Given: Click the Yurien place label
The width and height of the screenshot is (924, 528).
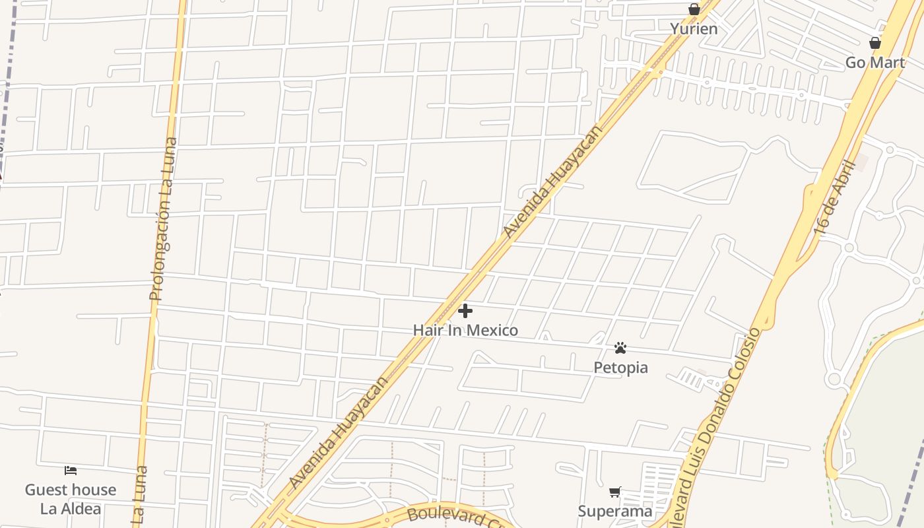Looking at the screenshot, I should pyautogui.click(x=694, y=28).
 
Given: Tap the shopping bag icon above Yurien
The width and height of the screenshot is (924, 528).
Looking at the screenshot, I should pyautogui.click(x=694, y=9).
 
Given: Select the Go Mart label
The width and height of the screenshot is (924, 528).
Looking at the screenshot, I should pyautogui.click(x=874, y=62).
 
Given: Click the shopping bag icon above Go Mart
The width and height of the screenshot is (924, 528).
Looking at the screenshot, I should pyautogui.click(x=874, y=44).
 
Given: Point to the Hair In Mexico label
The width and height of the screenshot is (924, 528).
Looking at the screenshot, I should pyautogui.click(x=465, y=330).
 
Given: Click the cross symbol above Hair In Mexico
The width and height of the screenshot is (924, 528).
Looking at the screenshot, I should pyautogui.click(x=465, y=310).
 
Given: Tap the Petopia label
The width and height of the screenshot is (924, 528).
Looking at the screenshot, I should pyautogui.click(x=620, y=367).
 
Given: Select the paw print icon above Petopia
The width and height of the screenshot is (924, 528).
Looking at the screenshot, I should pyautogui.click(x=620, y=348).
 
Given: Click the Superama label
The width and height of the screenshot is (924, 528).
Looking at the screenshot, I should pyautogui.click(x=615, y=511).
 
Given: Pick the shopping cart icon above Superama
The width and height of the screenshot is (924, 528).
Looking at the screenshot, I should pyautogui.click(x=615, y=492).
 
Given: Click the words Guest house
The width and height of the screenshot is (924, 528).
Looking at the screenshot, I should pyautogui.click(x=71, y=490).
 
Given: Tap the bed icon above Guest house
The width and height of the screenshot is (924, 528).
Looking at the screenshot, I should pyautogui.click(x=71, y=471).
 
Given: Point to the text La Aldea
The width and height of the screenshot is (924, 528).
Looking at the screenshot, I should pyautogui.click(x=71, y=508).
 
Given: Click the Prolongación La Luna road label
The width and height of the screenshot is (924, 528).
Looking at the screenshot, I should pyautogui.click(x=163, y=219).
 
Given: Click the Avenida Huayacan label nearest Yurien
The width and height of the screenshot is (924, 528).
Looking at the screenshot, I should pyautogui.click(x=552, y=181).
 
